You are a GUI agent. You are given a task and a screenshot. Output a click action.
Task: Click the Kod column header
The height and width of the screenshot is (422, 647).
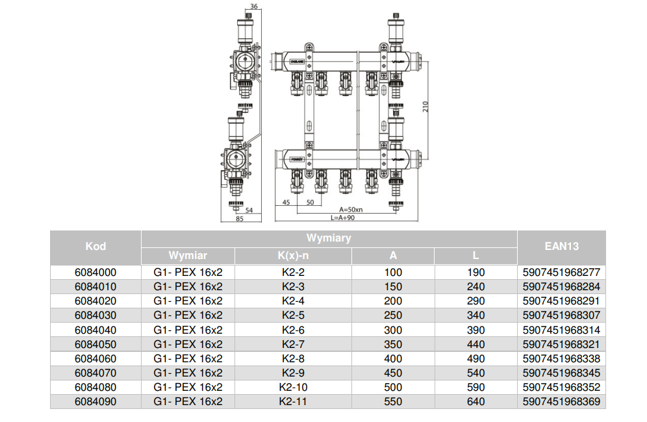(95, 247)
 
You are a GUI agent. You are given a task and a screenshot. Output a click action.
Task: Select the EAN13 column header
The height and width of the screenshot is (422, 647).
(562, 247)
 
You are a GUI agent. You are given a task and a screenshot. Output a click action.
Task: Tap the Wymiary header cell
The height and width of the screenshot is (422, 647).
(329, 238)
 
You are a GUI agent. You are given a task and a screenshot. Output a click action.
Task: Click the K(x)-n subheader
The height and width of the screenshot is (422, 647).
(293, 256)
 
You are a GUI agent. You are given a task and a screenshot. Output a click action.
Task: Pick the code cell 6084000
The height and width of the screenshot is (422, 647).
(95, 273)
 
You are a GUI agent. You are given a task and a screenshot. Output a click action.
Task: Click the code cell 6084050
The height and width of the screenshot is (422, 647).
(95, 344)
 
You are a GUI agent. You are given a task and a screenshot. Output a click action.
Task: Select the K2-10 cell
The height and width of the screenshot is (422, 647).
(293, 388)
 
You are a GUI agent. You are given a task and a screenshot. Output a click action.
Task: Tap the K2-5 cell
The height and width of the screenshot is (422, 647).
(293, 316)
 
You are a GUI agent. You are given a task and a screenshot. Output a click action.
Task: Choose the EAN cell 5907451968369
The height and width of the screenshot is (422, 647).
(561, 402)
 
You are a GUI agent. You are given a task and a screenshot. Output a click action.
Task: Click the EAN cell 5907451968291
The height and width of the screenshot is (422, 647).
(561, 301)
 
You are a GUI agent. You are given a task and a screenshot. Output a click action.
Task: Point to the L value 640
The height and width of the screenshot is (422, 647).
(476, 402)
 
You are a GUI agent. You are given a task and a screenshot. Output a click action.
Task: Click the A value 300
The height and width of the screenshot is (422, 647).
(393, 330)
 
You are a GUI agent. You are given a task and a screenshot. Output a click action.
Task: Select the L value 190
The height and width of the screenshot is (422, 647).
(476, 273)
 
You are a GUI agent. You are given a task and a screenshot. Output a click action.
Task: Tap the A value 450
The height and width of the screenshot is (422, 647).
(393, 373)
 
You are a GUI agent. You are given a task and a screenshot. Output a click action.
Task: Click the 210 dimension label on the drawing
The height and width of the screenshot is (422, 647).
(426, 105)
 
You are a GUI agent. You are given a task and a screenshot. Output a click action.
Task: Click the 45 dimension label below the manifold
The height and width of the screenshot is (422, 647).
(286, 203)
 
